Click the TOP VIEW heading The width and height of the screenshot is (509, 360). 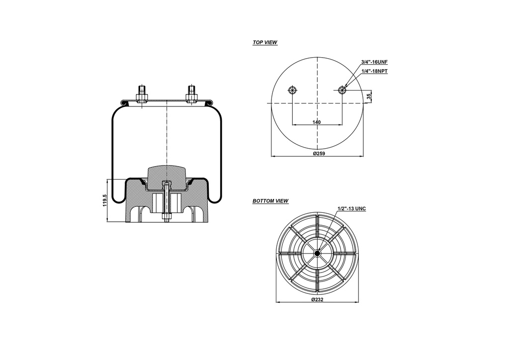pyautogui.click(x=265, y=43)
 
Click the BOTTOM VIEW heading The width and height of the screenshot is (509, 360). pyautogui.click(x=270, y=201)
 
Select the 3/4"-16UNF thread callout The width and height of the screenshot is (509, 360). pyautogui.click(x=374, y=62)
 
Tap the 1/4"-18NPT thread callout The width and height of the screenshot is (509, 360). pyautogui.click(x=374, y=71)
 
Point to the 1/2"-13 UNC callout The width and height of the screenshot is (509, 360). pyautogui.click(x=351, y=209)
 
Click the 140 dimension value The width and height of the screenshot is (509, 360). pyautogui.click(x=317, y=122)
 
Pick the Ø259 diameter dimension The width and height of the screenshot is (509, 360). pyautogui.click(x=319, y=154)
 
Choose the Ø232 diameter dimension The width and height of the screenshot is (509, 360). pyautogui.click(x=318, y=300)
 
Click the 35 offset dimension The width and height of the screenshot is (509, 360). pyautogui.click(x=369, y=96)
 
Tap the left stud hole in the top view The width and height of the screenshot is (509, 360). pyautogui.click(x=292, y=90)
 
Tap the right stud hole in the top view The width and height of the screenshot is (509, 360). pyautogui.click(x=342, y=90)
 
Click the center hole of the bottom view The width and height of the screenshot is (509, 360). pyautogui.click(x=317, y=253)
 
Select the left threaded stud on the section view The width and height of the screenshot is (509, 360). pyautogui.click(x=141, y=93)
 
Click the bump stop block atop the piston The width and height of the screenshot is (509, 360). pyautogui.click(x=167, y=174)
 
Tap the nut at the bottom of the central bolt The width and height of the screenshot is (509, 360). pyautogui.click(x=167, y=217)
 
